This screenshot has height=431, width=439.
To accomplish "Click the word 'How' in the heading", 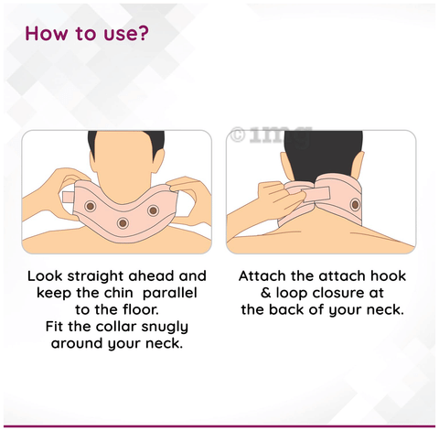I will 48,35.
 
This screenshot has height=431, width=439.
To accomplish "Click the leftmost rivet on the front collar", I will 89,208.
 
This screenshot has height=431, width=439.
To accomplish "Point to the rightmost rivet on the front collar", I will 151,211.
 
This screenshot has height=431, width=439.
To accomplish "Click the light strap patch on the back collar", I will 308,192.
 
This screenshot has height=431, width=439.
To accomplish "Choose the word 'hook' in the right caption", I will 387,275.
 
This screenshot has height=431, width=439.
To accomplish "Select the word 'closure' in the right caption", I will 350,293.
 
